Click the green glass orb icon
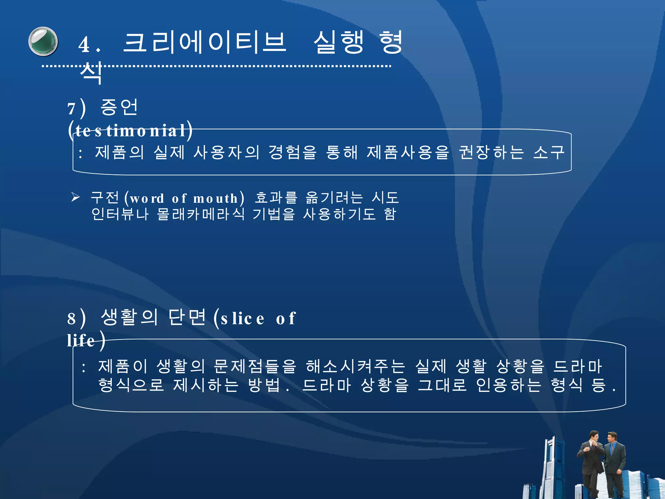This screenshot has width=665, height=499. (x=43, y=42)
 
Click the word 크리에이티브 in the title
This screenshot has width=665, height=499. (x=205, y=43)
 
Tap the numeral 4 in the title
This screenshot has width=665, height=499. (x=84, y=45)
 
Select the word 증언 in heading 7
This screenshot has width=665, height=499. (x=119, y=107)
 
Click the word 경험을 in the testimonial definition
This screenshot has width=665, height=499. (x=292, y=152)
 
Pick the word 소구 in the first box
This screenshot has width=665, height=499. (x=548, y=152)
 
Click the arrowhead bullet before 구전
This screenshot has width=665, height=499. (x=75, y=197)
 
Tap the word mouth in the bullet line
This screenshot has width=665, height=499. (x=216, y=198)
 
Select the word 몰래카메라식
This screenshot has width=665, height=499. (x=200, y=214)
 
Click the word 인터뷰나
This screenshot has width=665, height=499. (x=120, y=214)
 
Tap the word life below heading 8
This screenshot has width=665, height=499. (x=81, y=340)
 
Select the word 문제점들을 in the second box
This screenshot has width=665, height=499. (x=255, y=366)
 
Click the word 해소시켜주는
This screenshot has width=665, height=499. (x=355, y=366)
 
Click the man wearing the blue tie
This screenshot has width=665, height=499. (x=614, y=465)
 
